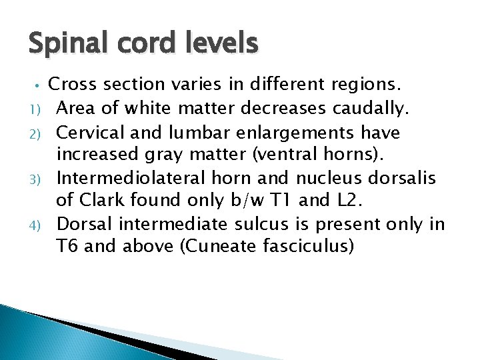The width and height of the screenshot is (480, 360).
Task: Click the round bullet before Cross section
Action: pos(39,85)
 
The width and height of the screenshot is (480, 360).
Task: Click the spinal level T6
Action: pos(69,247)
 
